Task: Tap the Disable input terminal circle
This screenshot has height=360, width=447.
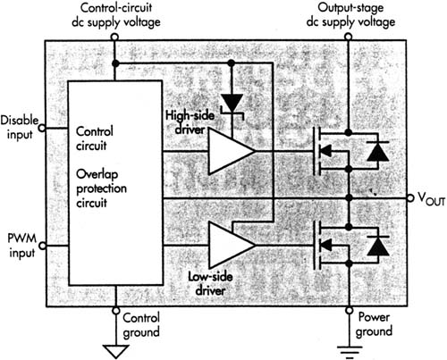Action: click(43, 128)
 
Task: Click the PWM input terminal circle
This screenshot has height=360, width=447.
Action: click(43, 246)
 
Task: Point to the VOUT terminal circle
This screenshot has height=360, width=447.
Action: click(410, 197)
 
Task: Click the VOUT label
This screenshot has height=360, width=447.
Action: click(431, 199)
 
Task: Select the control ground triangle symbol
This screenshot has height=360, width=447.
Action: click(116, 351)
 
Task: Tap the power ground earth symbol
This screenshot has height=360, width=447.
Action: click(350, 351)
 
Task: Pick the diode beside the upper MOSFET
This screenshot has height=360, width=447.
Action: click(377, 151)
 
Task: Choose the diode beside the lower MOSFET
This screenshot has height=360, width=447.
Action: click(378, 246)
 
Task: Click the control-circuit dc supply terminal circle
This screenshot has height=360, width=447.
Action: click(114, 37)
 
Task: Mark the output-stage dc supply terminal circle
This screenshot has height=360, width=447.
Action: click(349, 37)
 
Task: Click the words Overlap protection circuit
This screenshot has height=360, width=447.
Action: click(101, 188)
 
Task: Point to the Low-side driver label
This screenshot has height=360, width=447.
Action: click(210, 283)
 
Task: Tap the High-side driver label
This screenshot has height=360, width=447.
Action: click(190, 122)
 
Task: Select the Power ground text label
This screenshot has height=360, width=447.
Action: click(374, 324)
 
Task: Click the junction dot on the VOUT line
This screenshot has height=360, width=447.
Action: click(350, 197)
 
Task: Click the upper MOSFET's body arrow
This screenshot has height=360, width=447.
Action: click(325, 151)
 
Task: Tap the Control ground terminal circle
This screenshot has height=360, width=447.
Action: click(116, 311)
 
